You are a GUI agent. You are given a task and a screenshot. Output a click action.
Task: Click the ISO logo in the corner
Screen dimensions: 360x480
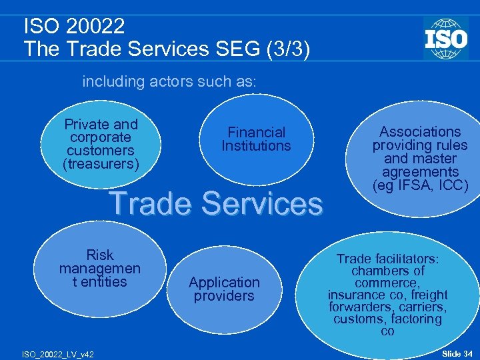point(445,38)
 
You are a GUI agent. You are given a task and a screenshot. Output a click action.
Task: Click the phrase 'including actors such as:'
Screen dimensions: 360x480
point(169,82)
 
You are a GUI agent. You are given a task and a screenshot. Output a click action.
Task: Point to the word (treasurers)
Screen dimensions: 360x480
point(101,163)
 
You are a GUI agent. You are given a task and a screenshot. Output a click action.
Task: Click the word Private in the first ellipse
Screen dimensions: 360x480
point(85,125)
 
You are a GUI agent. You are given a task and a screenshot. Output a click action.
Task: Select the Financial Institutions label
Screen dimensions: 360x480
point(256,139)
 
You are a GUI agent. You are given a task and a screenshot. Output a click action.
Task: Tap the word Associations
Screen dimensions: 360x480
point(420,132)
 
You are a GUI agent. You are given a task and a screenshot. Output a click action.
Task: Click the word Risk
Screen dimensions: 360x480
point(100,255)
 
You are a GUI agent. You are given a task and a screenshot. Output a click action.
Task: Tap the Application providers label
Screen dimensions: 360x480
point(224,289)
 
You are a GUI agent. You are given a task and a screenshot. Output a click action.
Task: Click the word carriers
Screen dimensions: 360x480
point(422,307)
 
